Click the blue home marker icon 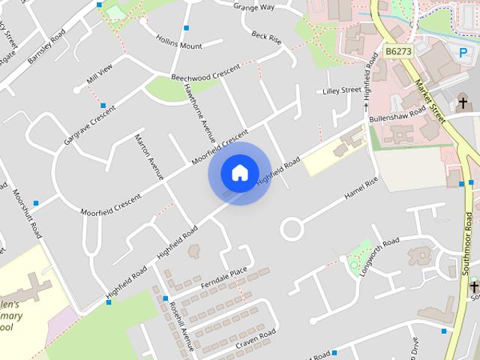(239, 172)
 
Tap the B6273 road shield (398, 51)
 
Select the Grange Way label (254, 7)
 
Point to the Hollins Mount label (178, 40)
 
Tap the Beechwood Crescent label (205, 73)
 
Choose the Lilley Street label (341, 90)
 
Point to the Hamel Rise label (361, 193)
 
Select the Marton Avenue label (148, 157)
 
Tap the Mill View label (99, 73)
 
